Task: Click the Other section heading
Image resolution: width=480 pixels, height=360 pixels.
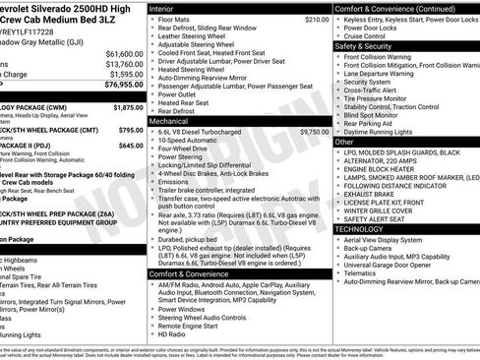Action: tap(345, 143)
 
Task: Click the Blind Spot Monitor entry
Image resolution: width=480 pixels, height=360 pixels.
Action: tap(375, 114)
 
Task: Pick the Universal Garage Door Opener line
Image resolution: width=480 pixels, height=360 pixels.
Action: tap(389, 266)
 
